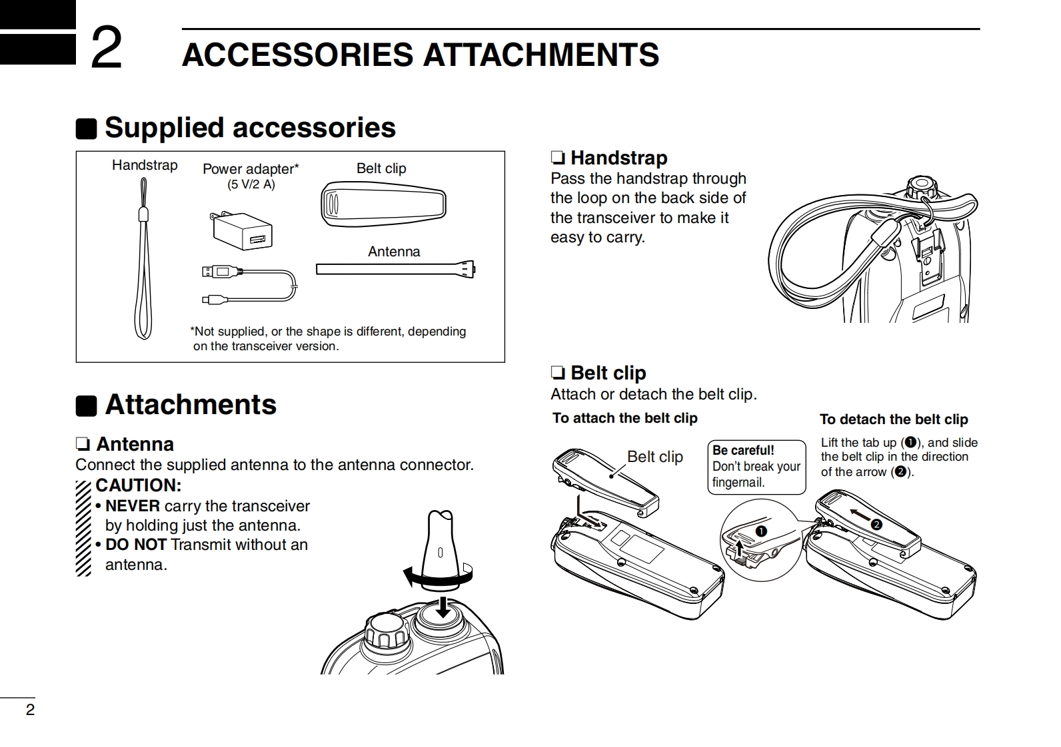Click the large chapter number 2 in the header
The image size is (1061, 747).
107,48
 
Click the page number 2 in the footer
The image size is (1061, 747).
30,710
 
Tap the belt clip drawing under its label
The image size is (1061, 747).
383,202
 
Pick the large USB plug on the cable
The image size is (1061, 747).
219,271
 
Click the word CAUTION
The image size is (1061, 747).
138,485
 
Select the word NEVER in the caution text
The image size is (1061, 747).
132,506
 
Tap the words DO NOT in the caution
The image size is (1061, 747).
135,545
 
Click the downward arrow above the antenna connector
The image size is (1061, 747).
441,606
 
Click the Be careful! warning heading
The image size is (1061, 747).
743,450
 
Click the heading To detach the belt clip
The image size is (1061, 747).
893,419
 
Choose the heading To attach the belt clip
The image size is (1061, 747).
624,418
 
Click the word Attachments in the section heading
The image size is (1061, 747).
191,405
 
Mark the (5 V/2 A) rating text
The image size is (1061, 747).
251,184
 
